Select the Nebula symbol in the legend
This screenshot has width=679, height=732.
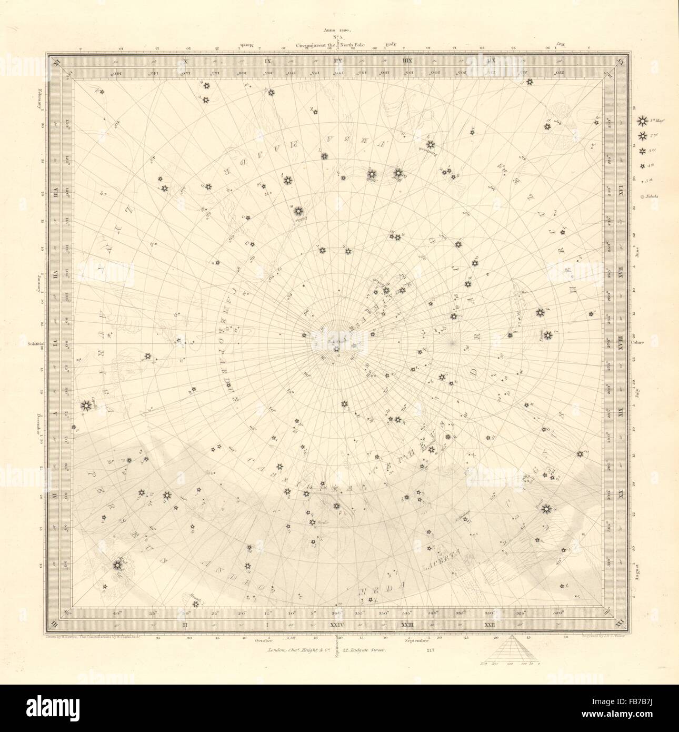tap(642, 196)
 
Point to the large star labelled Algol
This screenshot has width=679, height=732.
tap(117, 565)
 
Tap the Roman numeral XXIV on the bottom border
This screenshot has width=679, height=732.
tap(336, 625)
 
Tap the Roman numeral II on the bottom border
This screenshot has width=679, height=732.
tap(185, 625)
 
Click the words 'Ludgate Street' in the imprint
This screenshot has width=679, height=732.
tap(367, 651)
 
